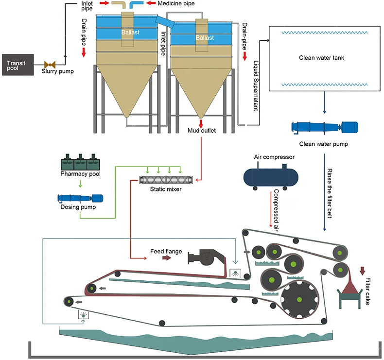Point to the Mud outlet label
pos(201,130)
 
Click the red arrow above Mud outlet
pos(200,122)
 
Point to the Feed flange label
pos(166,252)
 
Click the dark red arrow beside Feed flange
pos(166,258)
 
